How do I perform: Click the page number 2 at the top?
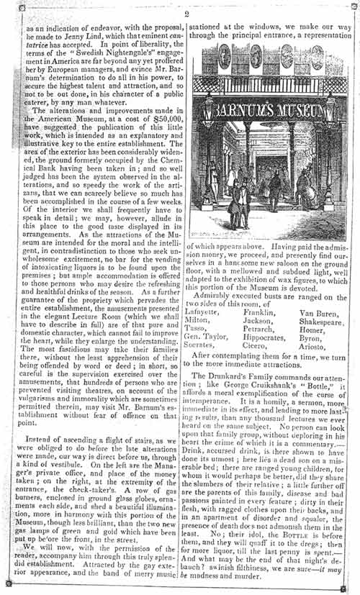coord(186,14)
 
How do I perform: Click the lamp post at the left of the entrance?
coord(209,144)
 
